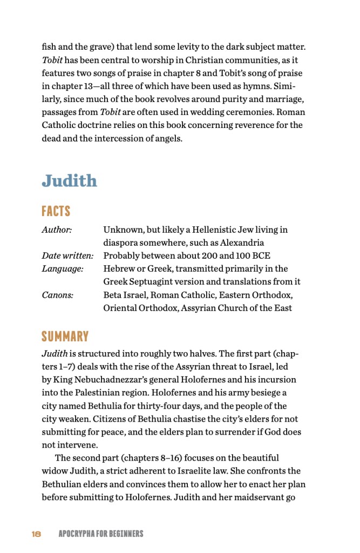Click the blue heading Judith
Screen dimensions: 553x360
coord(69,180)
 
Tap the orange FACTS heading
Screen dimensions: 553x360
coord(56,211)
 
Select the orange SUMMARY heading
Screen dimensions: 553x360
coord(65,337)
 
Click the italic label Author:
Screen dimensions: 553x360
coord(57,230)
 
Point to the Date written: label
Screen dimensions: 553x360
coord(67,256)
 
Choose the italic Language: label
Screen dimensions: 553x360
coord(63,269)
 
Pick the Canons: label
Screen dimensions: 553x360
coord(57,295)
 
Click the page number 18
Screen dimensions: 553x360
coord(36,534)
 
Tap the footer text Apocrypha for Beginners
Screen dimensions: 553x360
coord(101,534)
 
